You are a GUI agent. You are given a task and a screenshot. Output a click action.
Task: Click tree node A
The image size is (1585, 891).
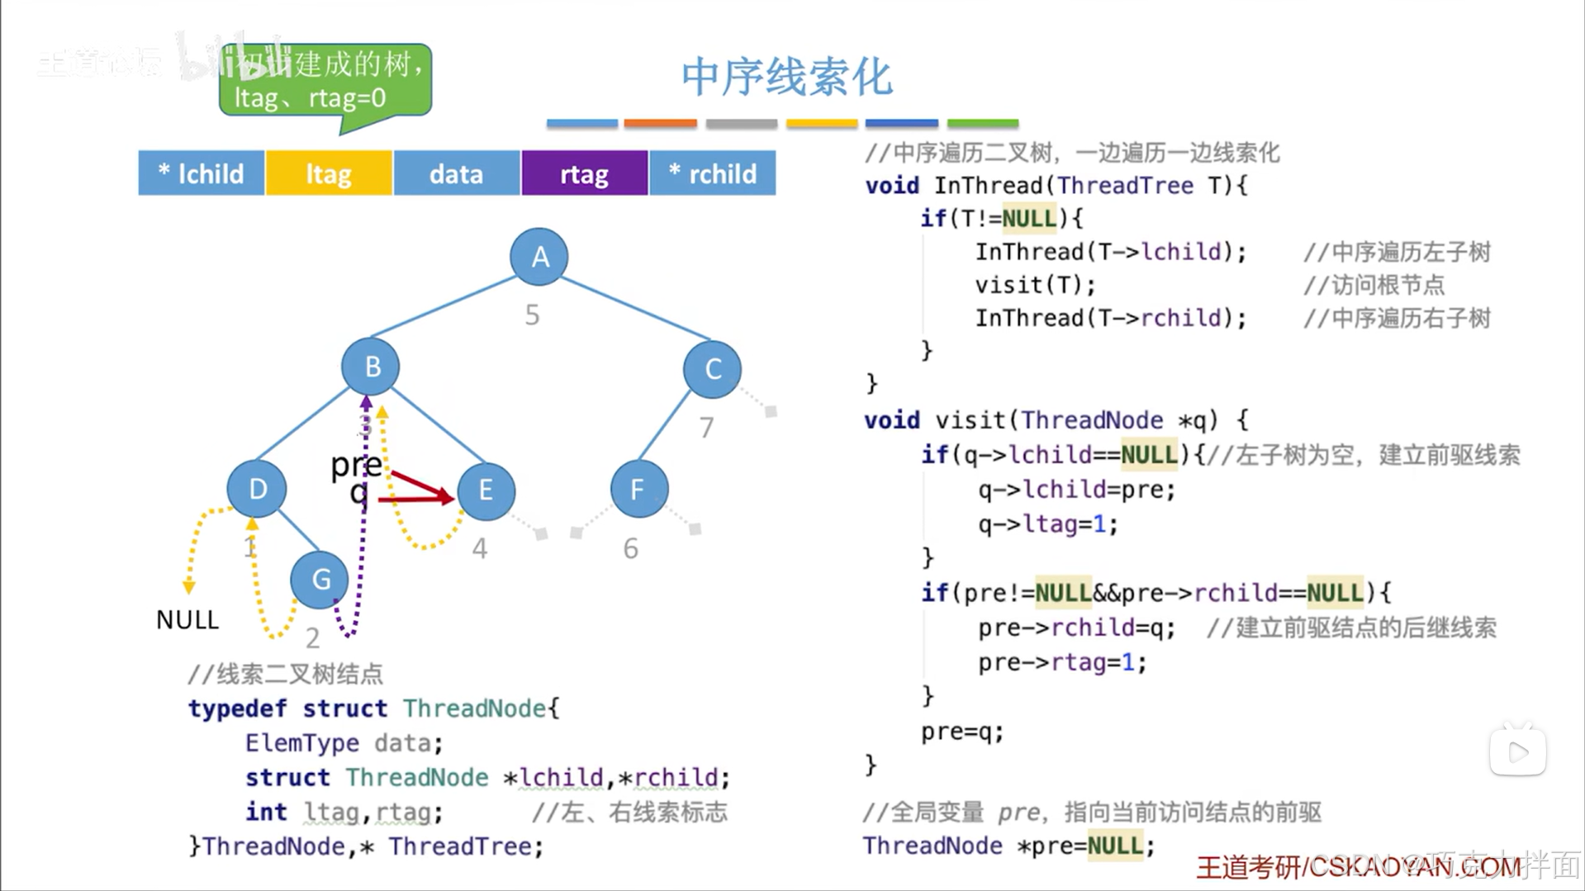click(x=539, y=257)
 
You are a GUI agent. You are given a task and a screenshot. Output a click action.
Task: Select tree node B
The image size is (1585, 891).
click(x=371, y=366)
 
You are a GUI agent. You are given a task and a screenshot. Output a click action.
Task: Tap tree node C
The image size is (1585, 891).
click(x=712, y=368)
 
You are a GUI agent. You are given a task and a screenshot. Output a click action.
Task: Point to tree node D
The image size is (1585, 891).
click(x=257, y=489)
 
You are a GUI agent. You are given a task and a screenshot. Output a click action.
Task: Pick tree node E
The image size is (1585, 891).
click(x=486, y=491)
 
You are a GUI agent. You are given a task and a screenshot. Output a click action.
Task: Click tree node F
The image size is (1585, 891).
click(x=638, y=490)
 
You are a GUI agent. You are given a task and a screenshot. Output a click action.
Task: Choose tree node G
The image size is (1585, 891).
click(x=320, y=580)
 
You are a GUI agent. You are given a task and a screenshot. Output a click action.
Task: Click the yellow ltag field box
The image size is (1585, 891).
click(x=329, y=173)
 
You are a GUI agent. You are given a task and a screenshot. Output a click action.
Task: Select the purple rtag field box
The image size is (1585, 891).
click(x=584, y=173)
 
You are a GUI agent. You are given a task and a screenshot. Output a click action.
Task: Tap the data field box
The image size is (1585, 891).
click(x=456, y=173)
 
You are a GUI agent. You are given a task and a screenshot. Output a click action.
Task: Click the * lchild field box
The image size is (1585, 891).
click(x=202, y=173)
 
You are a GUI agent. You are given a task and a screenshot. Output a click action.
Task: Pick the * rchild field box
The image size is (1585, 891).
click(x=713, y=173)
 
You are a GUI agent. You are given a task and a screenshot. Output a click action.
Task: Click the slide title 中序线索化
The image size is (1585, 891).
click(x=786, y=77)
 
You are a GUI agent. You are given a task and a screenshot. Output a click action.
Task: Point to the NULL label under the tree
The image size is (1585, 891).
click(x=187, y=619)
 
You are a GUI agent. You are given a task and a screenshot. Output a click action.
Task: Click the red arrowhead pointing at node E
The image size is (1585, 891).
click(x=447, y=495)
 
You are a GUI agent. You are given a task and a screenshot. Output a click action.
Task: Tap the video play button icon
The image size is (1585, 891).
click(x=1517, y=751)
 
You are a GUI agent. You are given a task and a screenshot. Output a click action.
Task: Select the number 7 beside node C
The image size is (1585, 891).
click(x=706, y=428)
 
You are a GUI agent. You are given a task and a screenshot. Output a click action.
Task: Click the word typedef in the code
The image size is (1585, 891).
click(x=237, y=709)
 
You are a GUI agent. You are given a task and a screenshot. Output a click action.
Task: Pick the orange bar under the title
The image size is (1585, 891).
click(x=660, y=124)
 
